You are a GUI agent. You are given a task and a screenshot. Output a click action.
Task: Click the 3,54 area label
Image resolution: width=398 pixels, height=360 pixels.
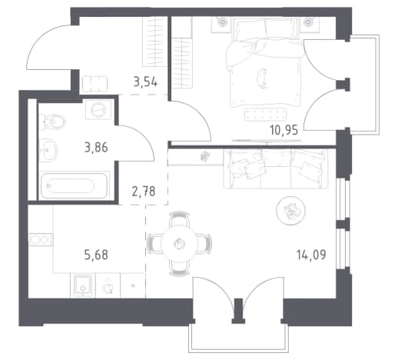(145, 82)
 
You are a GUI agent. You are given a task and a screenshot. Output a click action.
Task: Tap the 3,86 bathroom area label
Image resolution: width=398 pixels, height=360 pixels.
(96, 148)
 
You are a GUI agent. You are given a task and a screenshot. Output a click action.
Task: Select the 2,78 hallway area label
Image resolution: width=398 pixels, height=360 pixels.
(144, 192)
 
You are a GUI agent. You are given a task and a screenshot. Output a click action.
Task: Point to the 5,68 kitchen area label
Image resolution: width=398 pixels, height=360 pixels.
(96, 255)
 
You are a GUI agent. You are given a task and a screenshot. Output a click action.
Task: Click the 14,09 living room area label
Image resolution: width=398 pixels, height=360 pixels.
(311, 255)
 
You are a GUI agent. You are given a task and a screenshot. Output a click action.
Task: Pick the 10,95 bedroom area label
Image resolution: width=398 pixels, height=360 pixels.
(284, 130)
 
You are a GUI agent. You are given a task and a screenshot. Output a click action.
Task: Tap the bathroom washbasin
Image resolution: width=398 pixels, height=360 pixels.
(48, 150)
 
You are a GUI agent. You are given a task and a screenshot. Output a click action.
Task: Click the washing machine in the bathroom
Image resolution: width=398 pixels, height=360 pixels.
(98, 110)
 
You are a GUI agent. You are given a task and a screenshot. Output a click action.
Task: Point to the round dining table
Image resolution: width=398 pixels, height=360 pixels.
(179, 243)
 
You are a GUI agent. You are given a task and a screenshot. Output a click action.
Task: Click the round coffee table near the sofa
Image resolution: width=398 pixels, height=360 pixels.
(290, 211)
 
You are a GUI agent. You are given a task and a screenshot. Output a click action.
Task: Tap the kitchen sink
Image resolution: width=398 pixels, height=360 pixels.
(83, 285)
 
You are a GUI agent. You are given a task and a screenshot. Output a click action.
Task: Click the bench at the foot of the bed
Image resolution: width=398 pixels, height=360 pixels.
(265, 115)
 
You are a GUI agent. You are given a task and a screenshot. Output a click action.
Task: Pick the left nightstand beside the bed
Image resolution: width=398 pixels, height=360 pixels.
(222, 25)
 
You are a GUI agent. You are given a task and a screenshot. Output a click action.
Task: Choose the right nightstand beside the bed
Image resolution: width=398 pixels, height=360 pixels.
(310, 25)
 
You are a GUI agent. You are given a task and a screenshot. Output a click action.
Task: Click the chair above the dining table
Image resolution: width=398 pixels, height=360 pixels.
(179, 218)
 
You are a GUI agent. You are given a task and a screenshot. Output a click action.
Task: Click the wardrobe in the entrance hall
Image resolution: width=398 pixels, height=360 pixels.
(154, 42)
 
